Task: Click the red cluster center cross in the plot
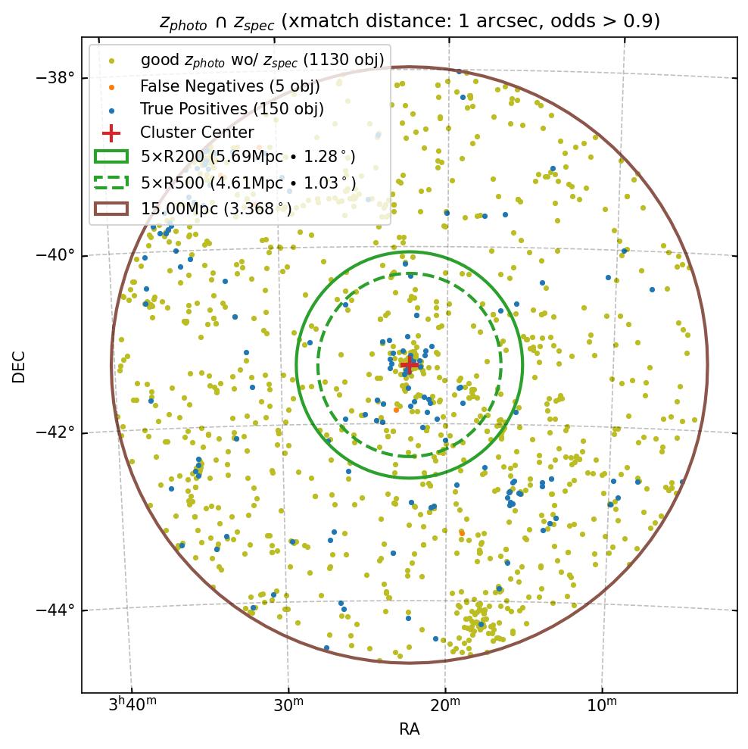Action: click(410, 364)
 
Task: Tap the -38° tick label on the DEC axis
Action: click(56, 78)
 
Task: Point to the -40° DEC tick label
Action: click(56, 255)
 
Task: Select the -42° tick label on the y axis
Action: click(56, 432)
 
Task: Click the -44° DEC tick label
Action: click(56, 610)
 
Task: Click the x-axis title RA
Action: click(410, 729)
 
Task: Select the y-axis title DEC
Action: click(19, 366)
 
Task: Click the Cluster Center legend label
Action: click(197, 133)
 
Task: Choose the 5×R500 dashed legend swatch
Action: click(111, 182)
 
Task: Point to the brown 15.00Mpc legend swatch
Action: click(111, 207)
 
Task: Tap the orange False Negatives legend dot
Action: click(111, 86)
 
